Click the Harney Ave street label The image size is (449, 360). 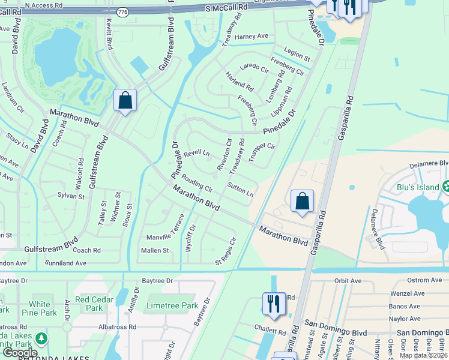point(252,37)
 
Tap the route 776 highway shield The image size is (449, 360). point(124,12)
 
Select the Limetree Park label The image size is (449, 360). point(172,306)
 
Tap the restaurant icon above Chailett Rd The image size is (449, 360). point(274,303)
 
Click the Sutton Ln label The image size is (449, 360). point(241,191)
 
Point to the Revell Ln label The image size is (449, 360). point(197,154)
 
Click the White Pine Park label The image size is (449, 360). point(40,308)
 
